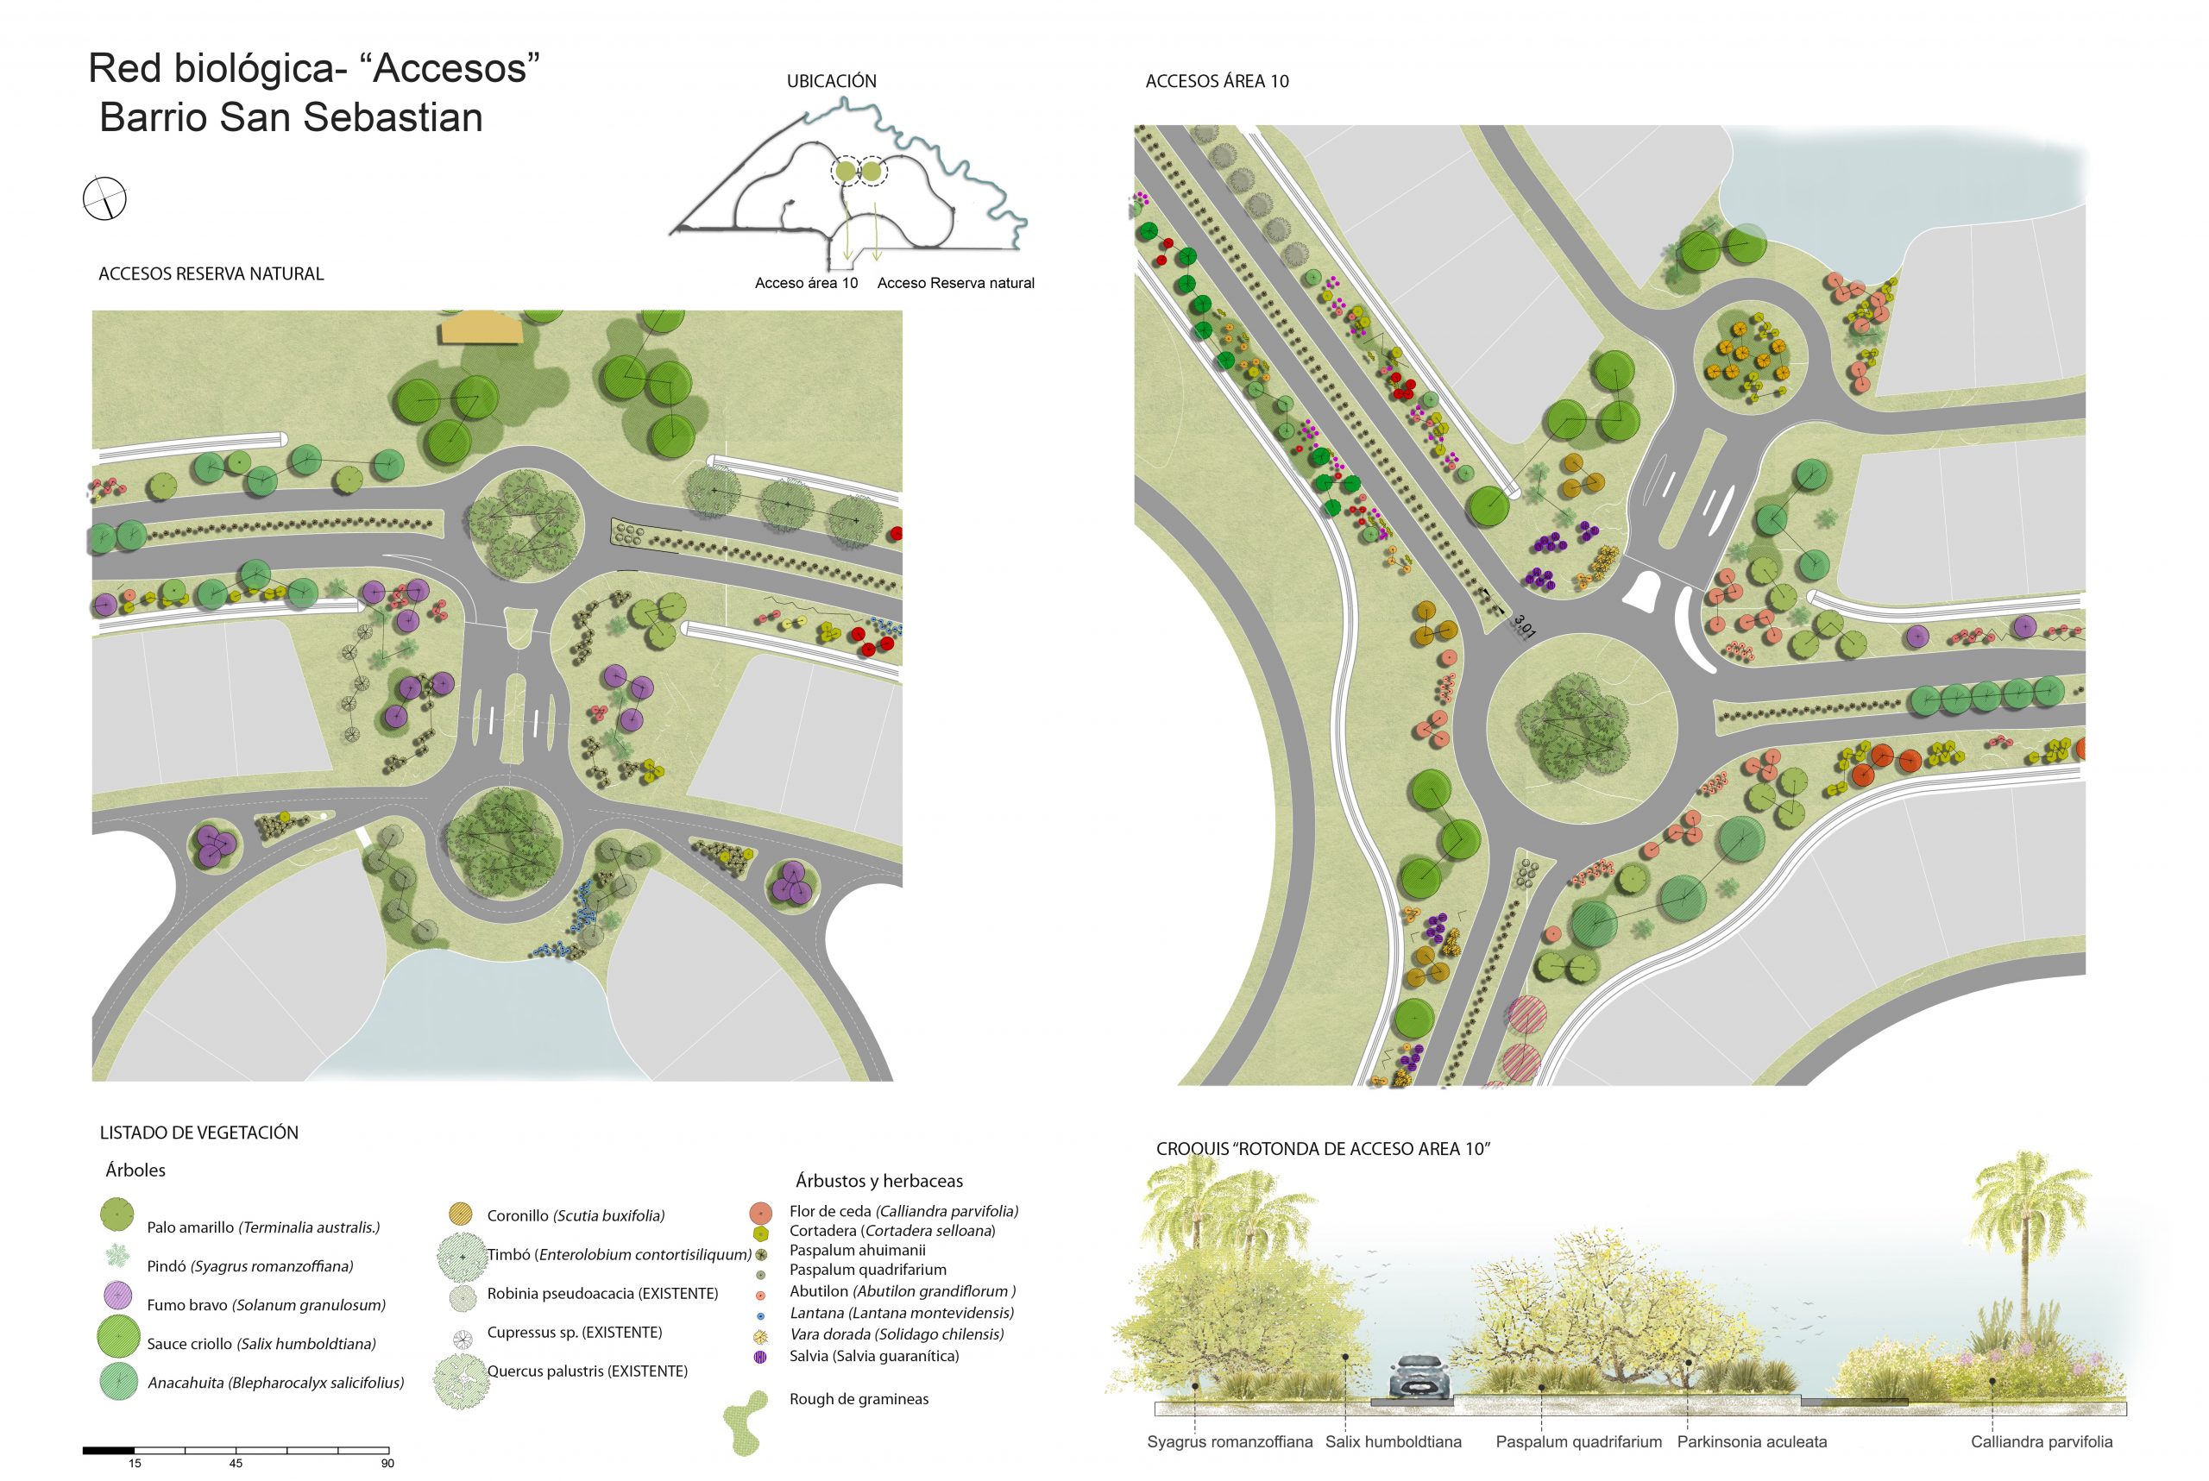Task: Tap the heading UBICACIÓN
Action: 832,81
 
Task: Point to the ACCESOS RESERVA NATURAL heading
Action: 211,274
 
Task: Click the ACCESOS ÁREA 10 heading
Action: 1217,81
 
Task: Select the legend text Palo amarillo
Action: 191,1228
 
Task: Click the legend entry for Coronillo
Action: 576,1215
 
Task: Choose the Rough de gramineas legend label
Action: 859,1399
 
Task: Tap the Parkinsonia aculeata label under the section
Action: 1752,1442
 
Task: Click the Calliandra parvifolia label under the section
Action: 2041,1442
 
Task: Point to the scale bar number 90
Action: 387,1463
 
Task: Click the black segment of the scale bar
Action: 109,1450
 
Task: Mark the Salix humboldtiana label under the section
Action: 1393,1442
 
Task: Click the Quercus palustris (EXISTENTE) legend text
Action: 587,1371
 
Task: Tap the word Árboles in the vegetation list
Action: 135,1170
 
